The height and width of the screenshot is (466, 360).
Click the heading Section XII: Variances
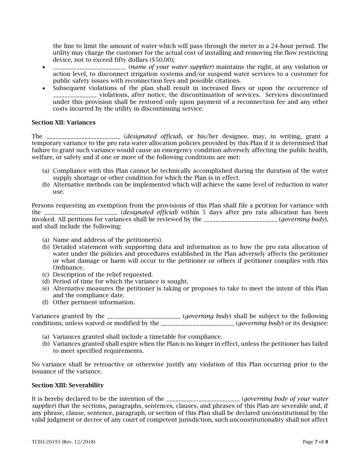coord(64,122)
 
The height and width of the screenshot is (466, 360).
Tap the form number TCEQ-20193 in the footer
coord(47,442)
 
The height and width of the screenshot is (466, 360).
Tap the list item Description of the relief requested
coord(103,274)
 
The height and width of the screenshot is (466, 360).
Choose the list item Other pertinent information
coord(94,302)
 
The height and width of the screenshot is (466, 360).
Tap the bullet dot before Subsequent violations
coord(44,88)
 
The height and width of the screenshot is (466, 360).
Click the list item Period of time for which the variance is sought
coord(121,281)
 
